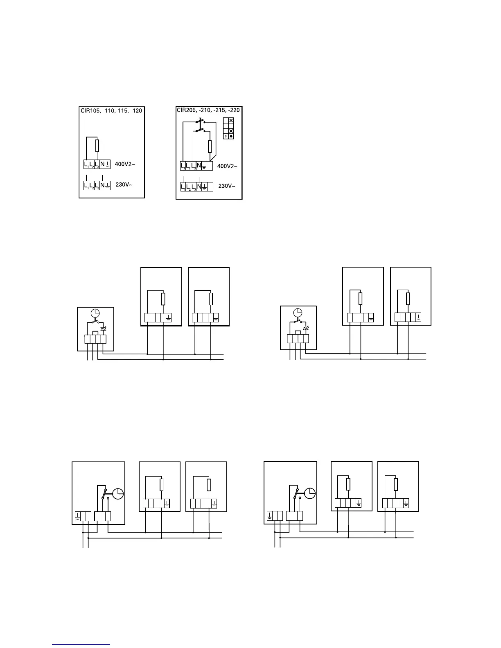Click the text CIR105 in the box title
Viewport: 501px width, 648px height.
coord(89,110)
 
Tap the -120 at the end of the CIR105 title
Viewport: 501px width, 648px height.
coord(136,110)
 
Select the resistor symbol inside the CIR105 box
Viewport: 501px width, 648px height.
coord(97,146)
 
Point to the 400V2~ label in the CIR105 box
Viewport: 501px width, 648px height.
coord(125,164)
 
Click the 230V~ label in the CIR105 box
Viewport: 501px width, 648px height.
coord(124,184)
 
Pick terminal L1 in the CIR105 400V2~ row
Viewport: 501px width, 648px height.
coord(87,164)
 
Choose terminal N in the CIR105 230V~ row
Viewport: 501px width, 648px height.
coord(102,185)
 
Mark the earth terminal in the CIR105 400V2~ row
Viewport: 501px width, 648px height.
coord(108,164)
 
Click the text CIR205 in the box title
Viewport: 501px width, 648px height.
coord(185,110)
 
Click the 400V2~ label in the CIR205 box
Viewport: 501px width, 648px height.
coord(227,166)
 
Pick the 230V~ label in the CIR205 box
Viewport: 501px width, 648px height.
coord(227,186)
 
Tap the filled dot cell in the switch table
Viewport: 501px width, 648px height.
coord(231,136)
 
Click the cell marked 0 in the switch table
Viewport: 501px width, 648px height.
coord(226,136)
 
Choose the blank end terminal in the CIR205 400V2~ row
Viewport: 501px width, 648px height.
coord(210,166)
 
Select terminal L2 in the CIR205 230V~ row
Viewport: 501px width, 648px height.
coord(189,187)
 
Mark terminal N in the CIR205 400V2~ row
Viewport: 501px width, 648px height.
coord(199,166)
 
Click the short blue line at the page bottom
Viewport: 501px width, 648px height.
coord(81,644)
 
